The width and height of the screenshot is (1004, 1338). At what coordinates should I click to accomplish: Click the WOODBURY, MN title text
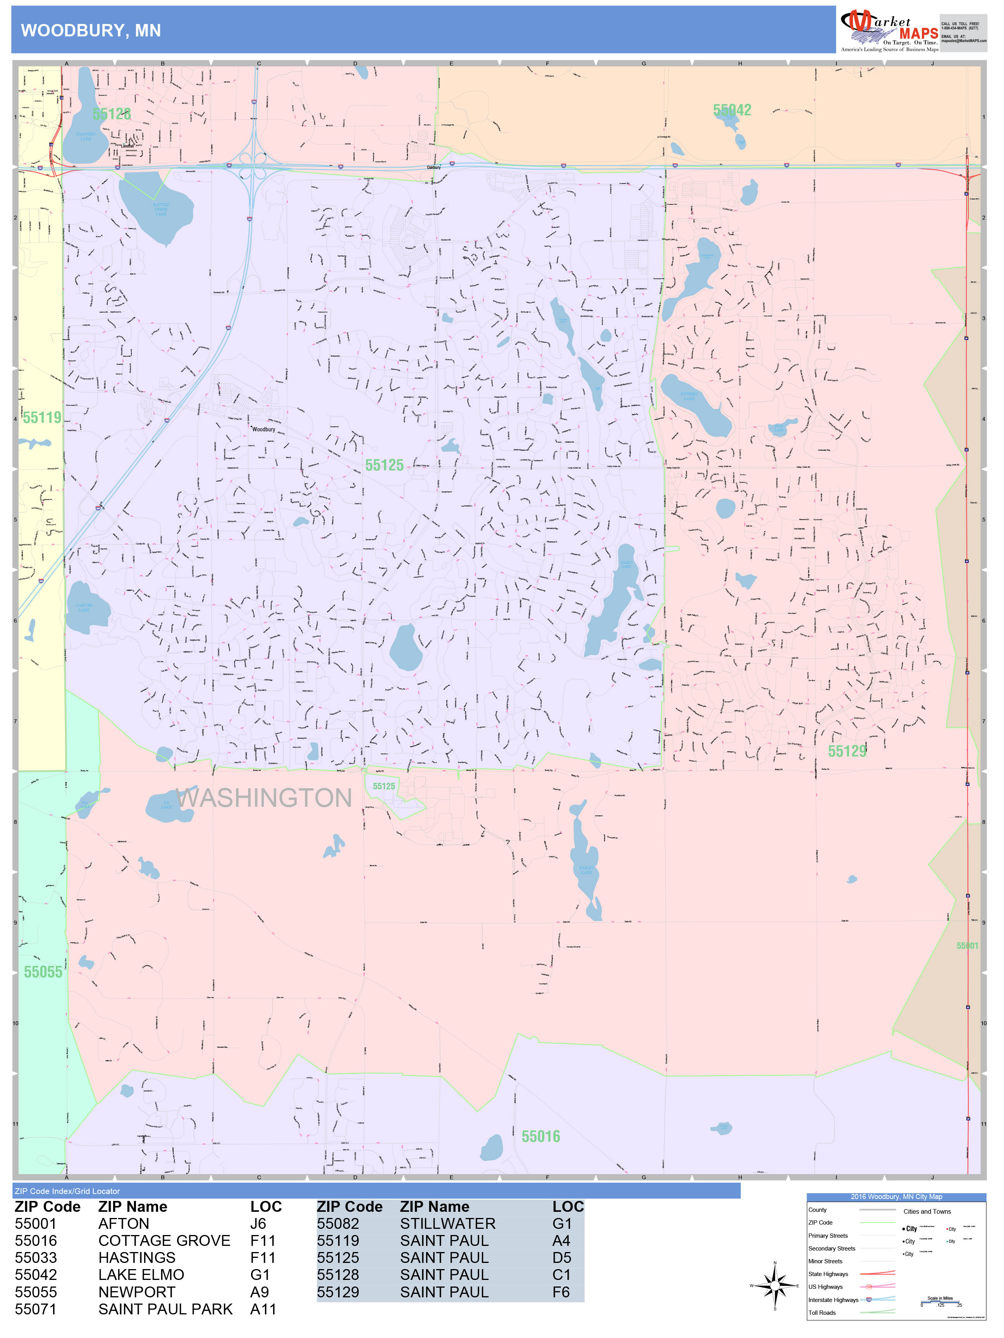click(91, 31)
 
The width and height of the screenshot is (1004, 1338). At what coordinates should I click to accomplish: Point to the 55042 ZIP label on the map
click(732, 110)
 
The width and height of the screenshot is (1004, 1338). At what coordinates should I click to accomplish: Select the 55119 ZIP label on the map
click(42, 417)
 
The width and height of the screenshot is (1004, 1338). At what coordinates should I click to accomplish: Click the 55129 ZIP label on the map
click(847, 751)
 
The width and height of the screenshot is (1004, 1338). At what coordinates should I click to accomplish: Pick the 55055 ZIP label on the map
click(43, 972)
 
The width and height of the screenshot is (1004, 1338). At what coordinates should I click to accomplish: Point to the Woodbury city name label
click(264, 429)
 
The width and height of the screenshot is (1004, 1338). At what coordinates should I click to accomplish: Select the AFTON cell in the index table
click(124, 1224)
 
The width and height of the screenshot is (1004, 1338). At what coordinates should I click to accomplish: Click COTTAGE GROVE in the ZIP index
click(164, 1240)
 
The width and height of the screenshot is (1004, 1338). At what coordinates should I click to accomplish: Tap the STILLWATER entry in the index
click(447, 1224)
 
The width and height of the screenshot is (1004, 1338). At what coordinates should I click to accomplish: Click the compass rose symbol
click(775, 1285)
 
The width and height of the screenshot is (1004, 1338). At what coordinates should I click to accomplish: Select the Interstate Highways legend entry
click(833, 1300)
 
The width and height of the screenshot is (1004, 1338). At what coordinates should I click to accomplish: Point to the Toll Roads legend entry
click(822, 1312)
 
